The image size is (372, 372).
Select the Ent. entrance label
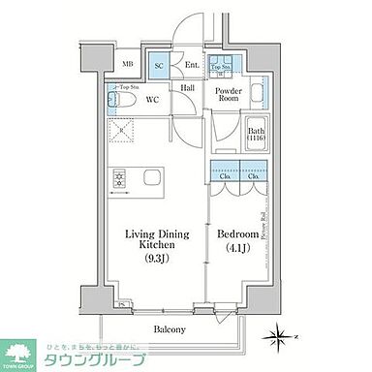(x=191, y=65)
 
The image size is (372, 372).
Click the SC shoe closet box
(x=159, y=65)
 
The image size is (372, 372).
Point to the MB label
(x=127, y=65)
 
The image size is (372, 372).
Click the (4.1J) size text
(x=237, y=247)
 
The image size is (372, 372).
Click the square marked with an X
(x=122, y=133)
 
